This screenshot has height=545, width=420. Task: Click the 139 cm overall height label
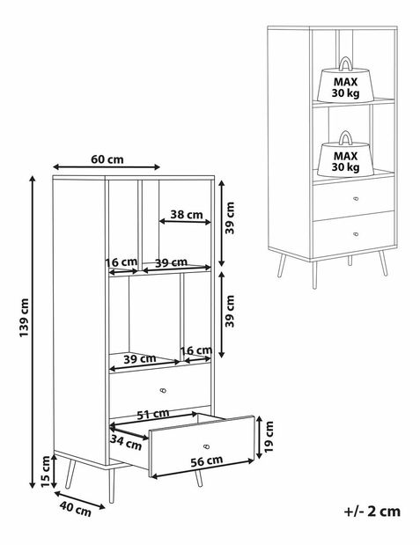(24, 317)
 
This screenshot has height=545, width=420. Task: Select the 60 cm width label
(107, 159)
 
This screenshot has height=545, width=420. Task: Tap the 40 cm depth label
(75, 509)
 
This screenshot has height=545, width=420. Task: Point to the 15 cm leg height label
(46, 471)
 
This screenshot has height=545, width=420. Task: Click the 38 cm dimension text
(187, 215)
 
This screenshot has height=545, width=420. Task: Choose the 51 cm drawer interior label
(153, 414)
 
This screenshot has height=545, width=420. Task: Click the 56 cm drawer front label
(207, 460)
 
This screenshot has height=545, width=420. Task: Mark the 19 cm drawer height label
(269, 437)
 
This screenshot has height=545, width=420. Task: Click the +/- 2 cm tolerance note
(372, 512)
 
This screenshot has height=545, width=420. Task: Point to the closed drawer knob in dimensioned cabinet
(163, 390)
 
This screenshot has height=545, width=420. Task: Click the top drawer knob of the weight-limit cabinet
(356, 198)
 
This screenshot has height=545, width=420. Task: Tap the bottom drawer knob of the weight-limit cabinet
(356, 234)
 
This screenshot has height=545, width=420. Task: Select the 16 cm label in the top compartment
(122, 261)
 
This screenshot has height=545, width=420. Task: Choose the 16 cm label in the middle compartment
(196, 350)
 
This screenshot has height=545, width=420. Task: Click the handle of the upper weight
(345, 63)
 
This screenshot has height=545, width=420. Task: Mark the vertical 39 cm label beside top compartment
(230, 218)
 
